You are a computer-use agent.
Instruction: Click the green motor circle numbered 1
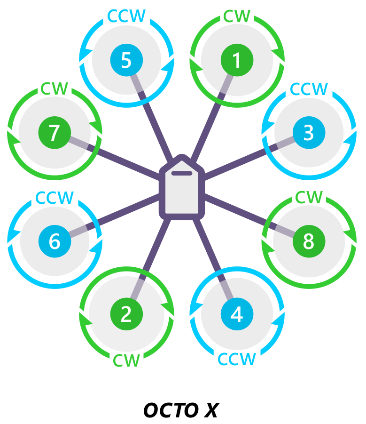[x=237, y=60]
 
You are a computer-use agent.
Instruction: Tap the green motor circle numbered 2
[x=126, y=314]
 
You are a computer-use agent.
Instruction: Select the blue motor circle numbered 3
[x=309, y=133]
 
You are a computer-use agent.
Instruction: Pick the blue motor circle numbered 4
[x=237, y=314]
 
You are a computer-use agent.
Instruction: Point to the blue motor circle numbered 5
[x=126, y=60]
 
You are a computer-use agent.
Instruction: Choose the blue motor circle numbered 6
[x=55, y=241]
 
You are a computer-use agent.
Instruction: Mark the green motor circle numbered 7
[x=55, y=133]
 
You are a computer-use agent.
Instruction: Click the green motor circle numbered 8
[x=309, y=241]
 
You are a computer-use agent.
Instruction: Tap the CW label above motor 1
[x=237, y=16]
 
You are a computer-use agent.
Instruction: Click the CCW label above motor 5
[x=126, y=16]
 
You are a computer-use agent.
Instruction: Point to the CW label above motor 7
[x=54, y=88]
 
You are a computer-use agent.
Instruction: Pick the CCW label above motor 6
[x=55, y=198]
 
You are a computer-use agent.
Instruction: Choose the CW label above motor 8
[x=309, y=197]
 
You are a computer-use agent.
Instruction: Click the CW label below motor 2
[x=126, y=360]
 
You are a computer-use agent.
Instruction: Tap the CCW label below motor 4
[x=237, y=359]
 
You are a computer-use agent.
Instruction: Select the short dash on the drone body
[x=182, y=173]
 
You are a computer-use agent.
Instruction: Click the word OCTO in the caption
[x=171, y=410]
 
